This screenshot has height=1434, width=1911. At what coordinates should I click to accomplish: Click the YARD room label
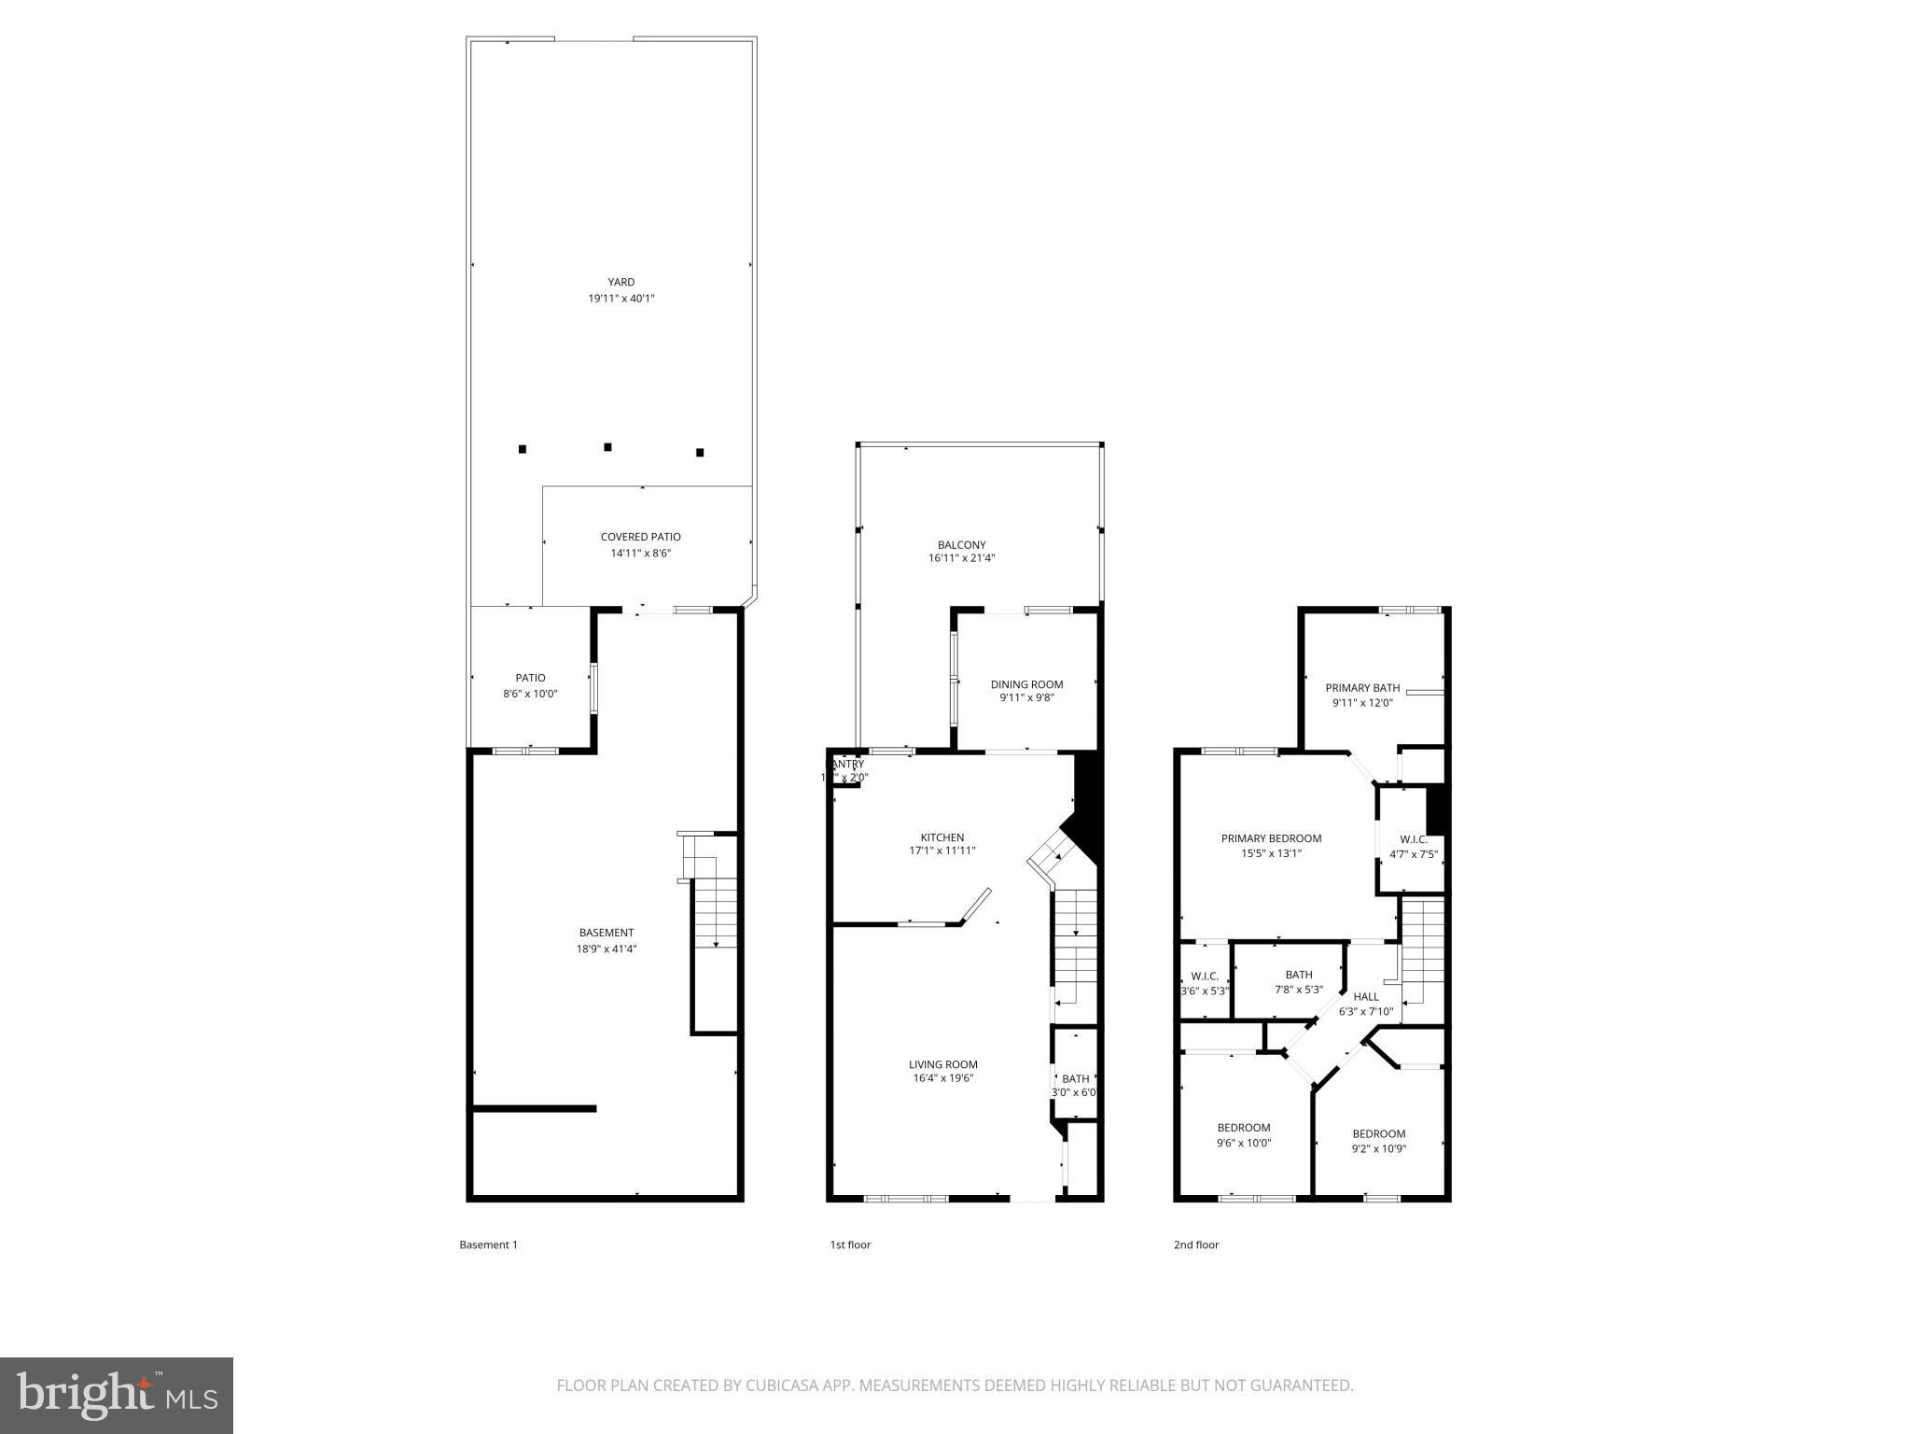pos(621,282)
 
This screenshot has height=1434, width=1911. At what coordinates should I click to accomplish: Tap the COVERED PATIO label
pos(640,537)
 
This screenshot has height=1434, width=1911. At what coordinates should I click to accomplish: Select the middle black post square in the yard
pos(607,447)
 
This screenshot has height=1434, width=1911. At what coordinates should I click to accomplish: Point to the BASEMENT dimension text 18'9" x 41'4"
pos(607,949)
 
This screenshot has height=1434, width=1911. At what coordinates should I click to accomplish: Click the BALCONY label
pos(961,545)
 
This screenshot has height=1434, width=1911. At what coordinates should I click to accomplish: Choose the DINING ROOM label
pos(1026,684)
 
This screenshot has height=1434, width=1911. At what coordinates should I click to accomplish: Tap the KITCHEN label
pos(942,837)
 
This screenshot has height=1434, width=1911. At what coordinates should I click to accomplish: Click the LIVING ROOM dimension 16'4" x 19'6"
pos(943,1078)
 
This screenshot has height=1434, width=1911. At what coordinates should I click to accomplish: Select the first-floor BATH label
pos(1075,1079)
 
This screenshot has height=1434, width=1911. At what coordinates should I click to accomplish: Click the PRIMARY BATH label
pos(1362,688)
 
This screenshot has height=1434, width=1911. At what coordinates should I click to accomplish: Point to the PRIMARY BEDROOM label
pos(1271,838)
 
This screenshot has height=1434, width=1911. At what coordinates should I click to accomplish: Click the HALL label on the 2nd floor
pos(1366,997)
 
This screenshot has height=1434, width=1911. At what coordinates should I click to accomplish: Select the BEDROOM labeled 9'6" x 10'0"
pos(1244,1128)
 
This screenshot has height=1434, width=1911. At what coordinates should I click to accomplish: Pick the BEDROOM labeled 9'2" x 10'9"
pos(1378,1134)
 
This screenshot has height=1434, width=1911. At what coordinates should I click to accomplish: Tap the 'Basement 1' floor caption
pos(488,1244)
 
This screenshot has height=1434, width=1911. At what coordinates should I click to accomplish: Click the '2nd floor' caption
pos(1196,1244)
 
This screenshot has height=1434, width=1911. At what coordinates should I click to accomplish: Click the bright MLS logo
pos(117,1395)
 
